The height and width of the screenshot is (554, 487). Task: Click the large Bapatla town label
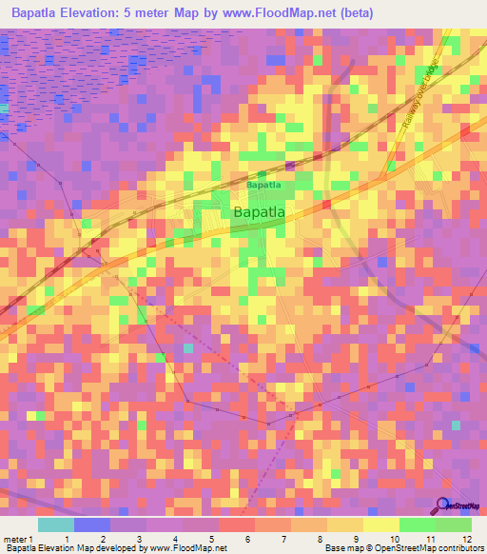pos(260,212)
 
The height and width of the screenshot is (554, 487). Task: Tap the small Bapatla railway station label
pos(264,185)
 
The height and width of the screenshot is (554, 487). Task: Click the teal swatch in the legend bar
pos(56,524)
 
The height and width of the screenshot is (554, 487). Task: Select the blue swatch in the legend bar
pos(92,524)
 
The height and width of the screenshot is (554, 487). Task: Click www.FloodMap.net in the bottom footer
pos(183,548)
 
